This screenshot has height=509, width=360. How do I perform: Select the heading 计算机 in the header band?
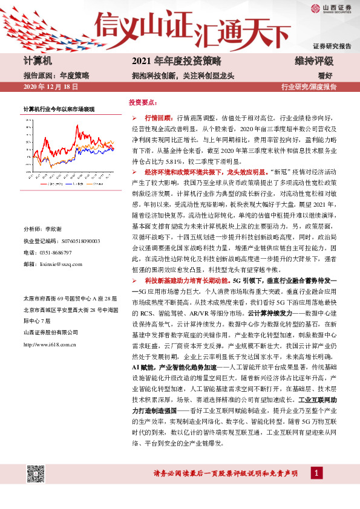pos(38,62)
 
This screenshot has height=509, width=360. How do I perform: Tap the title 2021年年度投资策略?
pos(177,62)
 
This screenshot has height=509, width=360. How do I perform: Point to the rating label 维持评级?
pos(314,62)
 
